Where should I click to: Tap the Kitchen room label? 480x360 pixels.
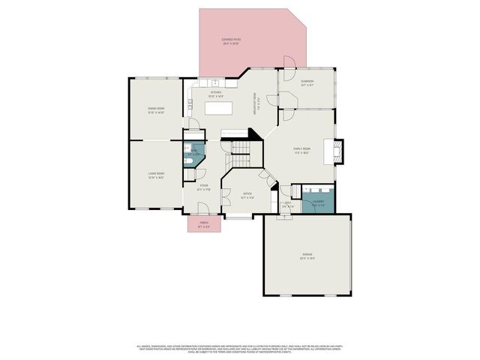(215, 94)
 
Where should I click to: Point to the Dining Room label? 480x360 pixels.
(156, 110)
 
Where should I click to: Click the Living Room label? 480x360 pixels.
(156, 175)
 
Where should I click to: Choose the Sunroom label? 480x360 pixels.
(307, 82)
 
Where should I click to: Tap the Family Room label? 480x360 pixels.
(302, 150)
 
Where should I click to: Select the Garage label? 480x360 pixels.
(307, 256)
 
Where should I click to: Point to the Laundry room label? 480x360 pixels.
(318, 202)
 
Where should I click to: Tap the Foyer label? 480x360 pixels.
(203, 187)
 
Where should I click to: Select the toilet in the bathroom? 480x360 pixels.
(187, 159)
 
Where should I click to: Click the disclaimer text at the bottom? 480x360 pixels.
(240, 349)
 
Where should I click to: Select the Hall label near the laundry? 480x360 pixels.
(288, 203)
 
